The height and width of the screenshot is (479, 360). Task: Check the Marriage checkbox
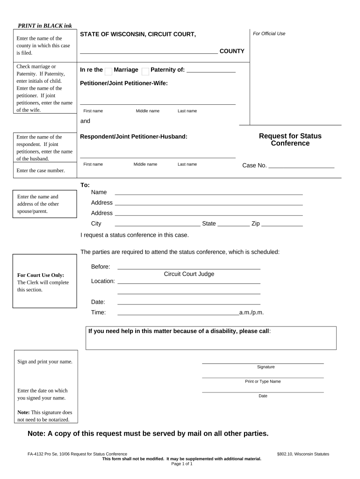pyautogui.click(x=108, y=72)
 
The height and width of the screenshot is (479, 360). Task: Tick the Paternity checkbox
pyautogui.click(x=145, y=72)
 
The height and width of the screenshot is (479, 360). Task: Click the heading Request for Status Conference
pyautogui.click(x=290, y=139)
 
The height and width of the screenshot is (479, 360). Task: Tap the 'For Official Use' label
pyautogui.click(x=269, y=34)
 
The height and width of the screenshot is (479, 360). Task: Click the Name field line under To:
pyautogui.click(x=209, y=193)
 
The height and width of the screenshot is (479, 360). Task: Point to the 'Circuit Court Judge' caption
pyautogui.click(x=189, y=274)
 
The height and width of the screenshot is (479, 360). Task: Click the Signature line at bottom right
pyautogui.click(x=262, y=362)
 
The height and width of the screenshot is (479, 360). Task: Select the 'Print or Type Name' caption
pyautogui.click(x=263, y=381)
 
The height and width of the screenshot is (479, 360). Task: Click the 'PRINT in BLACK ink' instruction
pyautogui.click(x=45, y=25)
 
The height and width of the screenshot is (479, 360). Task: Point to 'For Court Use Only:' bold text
pyautogui.click(x=41, y=275)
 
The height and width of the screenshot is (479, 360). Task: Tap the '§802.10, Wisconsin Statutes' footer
pyautogui.click(x=303, y=454)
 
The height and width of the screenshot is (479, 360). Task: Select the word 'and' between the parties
pyautogui.click(x=85, y=121)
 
